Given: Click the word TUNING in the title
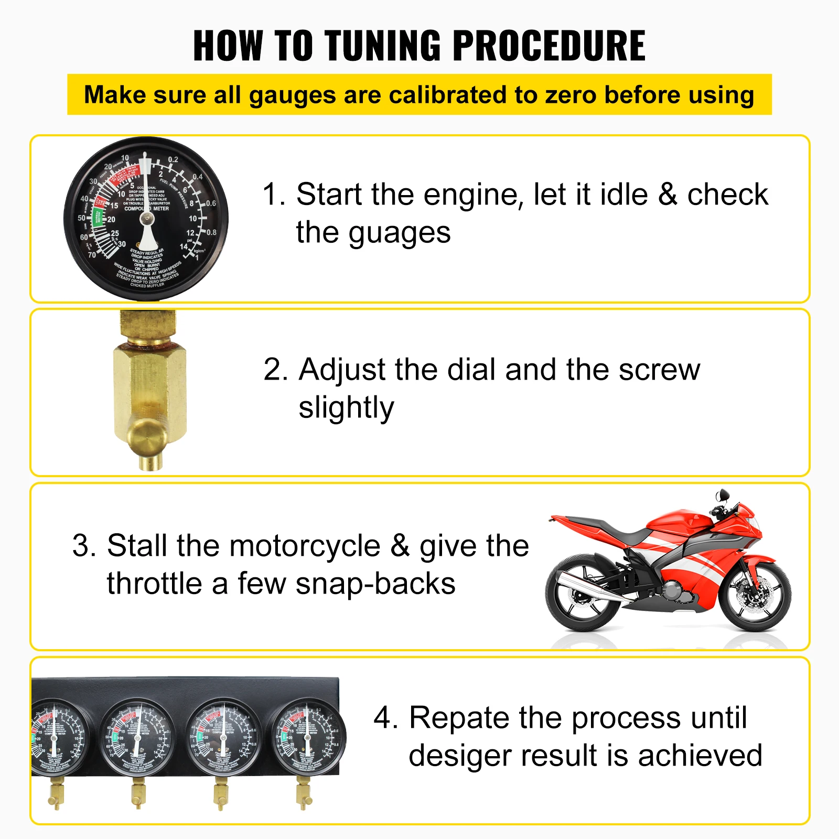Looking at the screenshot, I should coord(383,46).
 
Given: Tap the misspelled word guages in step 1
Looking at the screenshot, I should coord(399,233).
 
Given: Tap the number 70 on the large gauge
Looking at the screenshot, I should coord(92,255).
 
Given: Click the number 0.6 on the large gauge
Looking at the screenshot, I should coord(211,203).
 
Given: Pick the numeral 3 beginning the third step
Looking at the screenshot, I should coord(82,546).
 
